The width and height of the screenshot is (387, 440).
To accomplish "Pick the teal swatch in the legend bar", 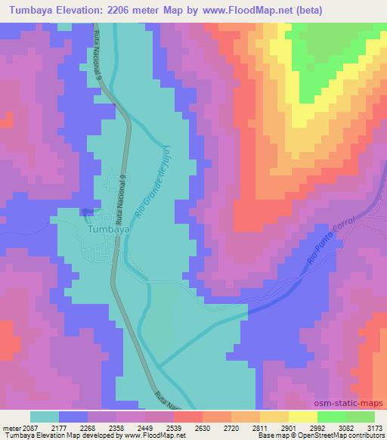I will [45, 417].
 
